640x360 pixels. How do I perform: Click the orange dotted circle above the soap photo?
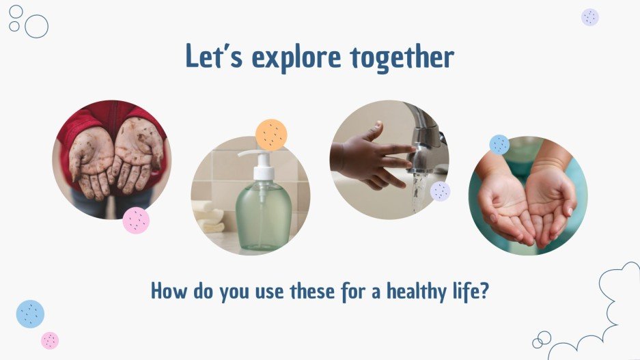pos(271,135)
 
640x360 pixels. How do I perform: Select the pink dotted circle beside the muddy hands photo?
pos(136,220)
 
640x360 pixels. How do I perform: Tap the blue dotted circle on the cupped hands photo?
pos(499,145)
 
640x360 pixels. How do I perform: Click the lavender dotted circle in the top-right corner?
pos(590,17)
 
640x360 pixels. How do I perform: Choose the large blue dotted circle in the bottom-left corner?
pos(30,314)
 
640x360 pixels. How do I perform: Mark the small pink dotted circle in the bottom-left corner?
pos(50,340)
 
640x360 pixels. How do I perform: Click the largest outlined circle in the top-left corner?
pos(36,26)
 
